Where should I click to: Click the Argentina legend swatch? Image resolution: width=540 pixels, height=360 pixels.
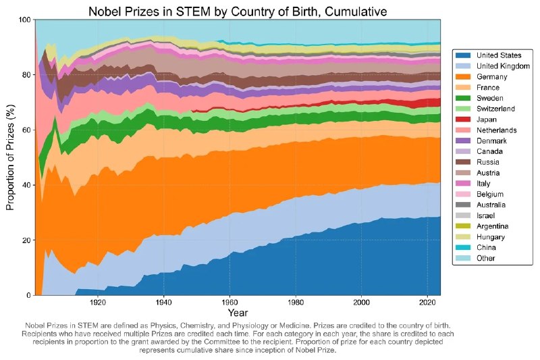[465, 226]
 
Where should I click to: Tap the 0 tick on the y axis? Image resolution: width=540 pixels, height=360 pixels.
[29, 295]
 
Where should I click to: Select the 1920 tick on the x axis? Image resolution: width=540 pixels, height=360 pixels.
[99, 303]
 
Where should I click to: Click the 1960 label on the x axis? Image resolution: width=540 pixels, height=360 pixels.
[230, 303]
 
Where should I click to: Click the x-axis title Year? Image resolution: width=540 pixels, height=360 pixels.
[237, 313]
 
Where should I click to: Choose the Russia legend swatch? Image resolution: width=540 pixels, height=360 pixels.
[465, 162]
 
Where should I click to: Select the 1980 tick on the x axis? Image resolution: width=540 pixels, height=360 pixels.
[296, 303]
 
